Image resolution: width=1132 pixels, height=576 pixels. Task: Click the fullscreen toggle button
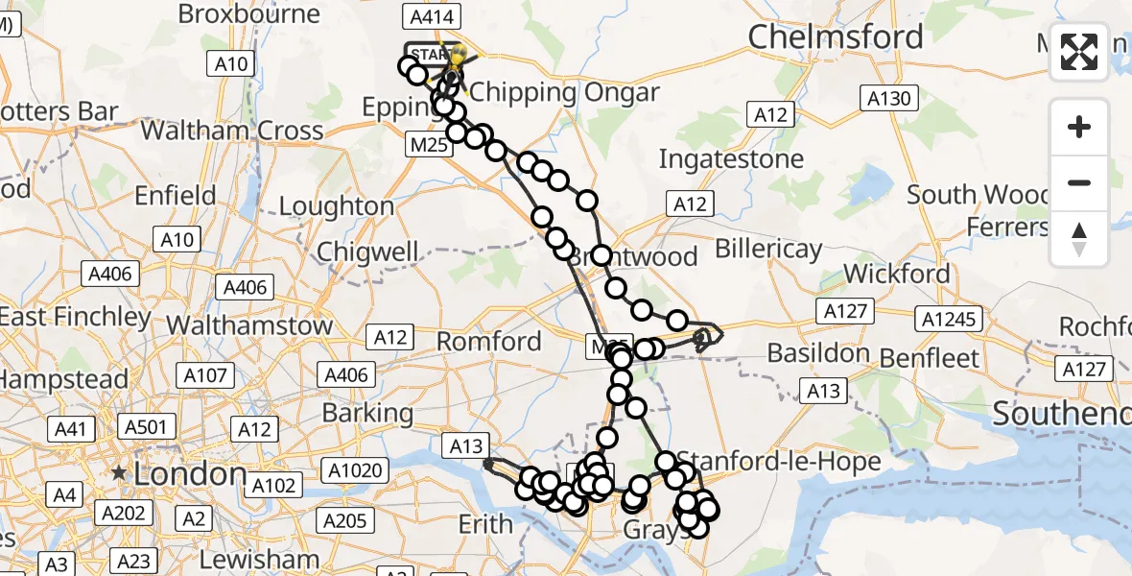(x=1079, y=52)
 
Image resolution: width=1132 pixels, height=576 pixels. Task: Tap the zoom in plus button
(x=1079, y=127)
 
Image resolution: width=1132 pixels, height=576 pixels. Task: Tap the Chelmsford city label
(x=836, y=37)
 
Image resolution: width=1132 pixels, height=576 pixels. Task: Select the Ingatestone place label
(x=731, y=158)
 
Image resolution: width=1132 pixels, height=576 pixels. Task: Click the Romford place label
(x=489, y=342)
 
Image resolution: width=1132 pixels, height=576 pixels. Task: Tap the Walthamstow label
(x=248, y=324)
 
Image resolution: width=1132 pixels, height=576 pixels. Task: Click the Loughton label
(x=337, y=206)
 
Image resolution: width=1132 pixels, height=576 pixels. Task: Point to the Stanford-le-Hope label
(x=779, y=462)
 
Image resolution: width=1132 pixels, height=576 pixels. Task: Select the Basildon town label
(x=819, y=353)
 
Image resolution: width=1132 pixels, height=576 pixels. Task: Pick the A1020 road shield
(x=355, y=470)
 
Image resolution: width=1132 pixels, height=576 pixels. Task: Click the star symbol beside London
(x=119, y=473)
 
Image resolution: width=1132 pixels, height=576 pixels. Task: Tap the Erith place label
(x=485, y=524)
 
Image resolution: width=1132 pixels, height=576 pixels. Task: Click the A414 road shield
(x=435, y=16)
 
